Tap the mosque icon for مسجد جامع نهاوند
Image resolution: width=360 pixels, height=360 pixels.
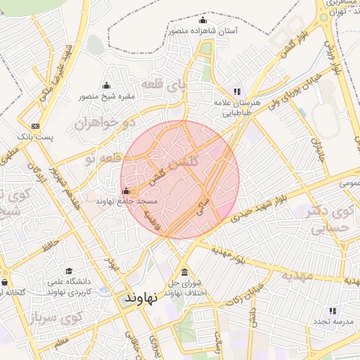coord(126,191)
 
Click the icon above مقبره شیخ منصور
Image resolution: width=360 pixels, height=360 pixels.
coord(106,86)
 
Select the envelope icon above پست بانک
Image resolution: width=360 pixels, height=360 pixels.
coord(35,124)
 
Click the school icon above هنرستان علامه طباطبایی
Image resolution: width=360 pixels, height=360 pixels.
coord(237,91)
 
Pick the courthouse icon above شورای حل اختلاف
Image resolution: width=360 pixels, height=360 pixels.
coord(184,272)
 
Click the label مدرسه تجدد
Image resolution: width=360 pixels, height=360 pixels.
coord(331,321)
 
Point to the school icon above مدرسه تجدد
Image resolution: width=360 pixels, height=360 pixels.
coord(333,310)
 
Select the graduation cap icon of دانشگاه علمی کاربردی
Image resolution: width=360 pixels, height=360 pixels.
coord(68,271)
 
